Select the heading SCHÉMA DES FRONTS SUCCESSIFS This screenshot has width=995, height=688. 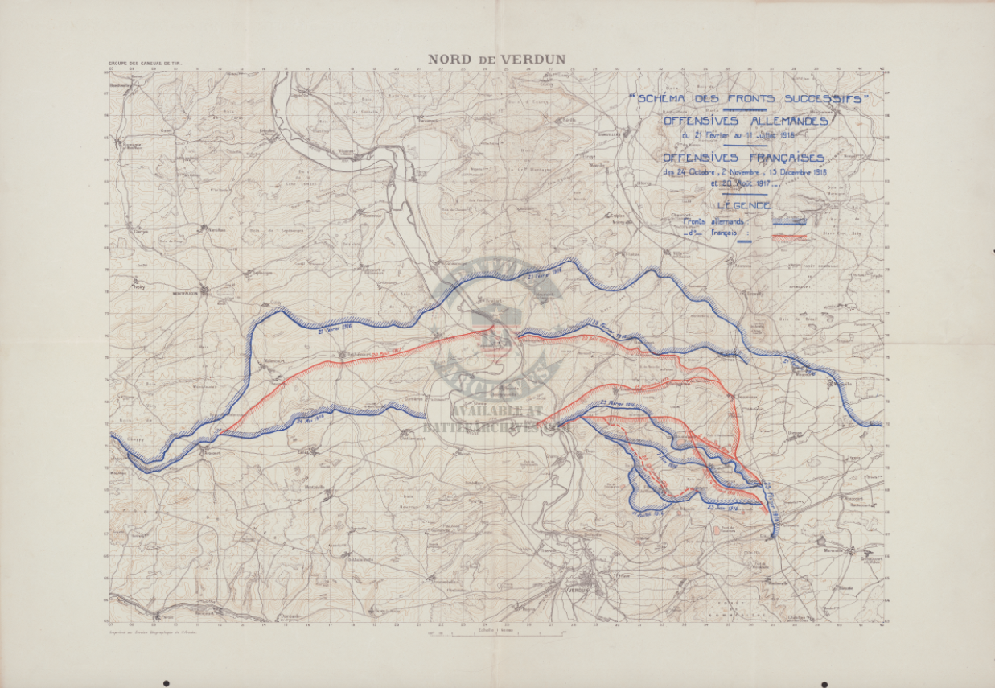(749, 98)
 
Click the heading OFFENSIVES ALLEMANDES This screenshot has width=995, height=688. (745, 121)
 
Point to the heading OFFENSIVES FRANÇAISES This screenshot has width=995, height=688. (744, 158)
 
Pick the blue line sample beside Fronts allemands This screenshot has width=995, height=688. (789, 220)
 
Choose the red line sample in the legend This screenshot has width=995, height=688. (789, 237)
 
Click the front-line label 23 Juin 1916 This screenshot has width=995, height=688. (722, 508)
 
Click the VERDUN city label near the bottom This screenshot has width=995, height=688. (579, 590)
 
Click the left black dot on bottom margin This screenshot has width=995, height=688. (167, 683)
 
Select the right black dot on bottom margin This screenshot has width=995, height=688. (824, 684)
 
